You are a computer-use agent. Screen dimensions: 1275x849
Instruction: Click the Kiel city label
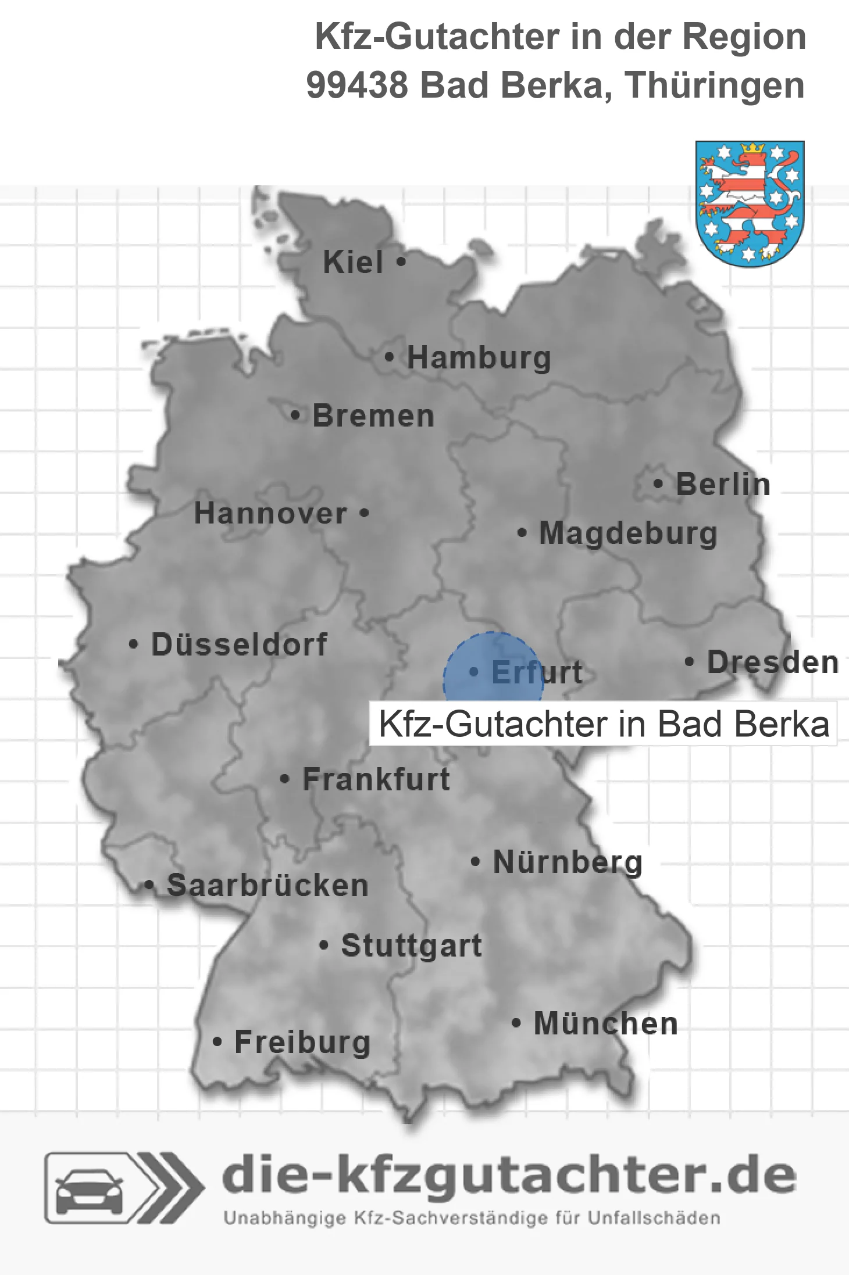click(353, 262)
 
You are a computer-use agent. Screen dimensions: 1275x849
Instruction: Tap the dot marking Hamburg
click(390, 357)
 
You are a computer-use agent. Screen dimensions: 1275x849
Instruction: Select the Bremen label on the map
click(373, 416)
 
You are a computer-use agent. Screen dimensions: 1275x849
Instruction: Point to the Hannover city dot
click(365, 513)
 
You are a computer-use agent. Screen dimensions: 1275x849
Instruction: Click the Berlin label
click(723, 484)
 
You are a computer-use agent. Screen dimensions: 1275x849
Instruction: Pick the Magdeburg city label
click(628, 533)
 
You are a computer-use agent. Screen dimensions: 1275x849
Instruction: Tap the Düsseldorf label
click(239, 644)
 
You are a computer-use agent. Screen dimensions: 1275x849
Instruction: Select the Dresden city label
click(773, 662)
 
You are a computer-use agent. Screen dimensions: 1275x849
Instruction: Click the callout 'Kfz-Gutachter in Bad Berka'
click(603, 724)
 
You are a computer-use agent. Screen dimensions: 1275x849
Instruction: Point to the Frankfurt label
click(376, 779)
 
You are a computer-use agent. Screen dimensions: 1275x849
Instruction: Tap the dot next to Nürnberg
click(476, 861)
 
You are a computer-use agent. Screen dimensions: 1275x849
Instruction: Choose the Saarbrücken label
click(267, 886)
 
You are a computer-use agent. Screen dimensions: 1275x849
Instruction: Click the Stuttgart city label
click(411, 945)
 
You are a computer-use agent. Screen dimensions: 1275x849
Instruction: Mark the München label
click(606, 1023)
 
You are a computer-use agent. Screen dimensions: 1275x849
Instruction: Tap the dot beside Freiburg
click(217, 1042)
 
